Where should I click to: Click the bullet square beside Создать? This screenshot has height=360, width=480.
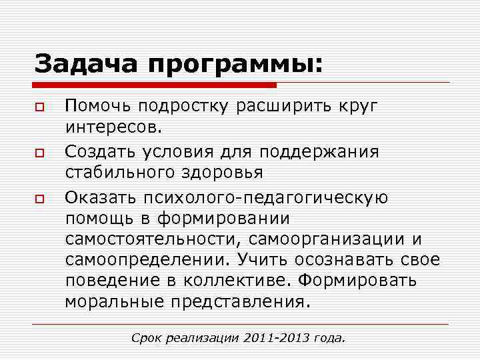click(40, 153)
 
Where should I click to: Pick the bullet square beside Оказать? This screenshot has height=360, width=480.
click(40, 198)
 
